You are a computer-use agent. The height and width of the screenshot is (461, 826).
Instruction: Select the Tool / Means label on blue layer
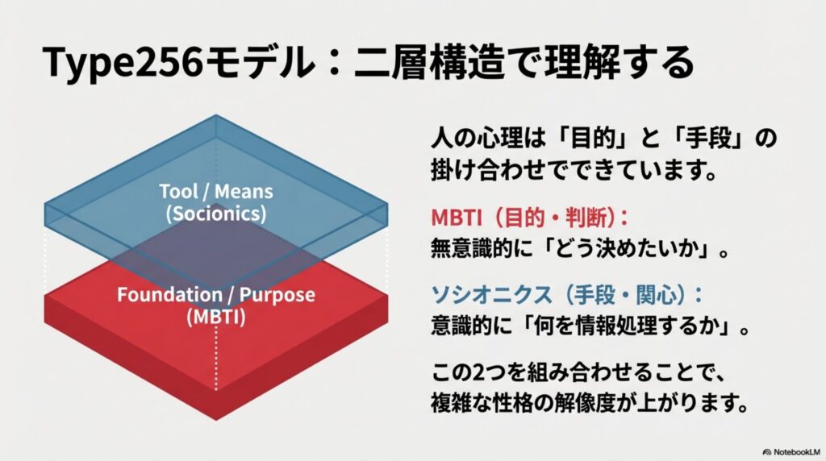point(215,192)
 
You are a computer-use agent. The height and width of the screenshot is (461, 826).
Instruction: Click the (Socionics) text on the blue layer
point(215,214)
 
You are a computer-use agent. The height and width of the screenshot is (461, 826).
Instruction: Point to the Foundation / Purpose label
point(215,294)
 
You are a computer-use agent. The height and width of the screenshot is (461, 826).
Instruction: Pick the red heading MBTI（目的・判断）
point(529,218)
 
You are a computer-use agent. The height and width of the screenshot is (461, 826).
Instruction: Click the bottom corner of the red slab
point(216,417)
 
